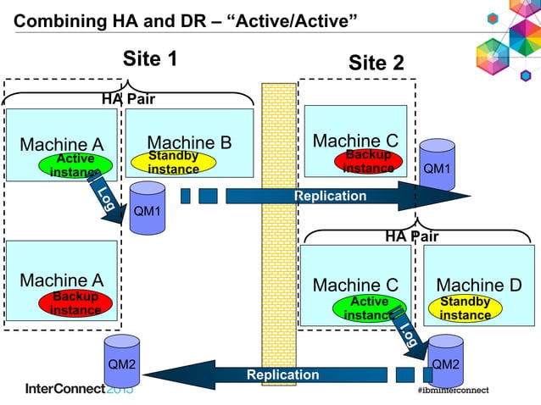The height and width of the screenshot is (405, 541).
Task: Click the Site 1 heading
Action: (150, 58)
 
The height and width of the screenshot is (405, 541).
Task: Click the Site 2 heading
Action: (376, 63)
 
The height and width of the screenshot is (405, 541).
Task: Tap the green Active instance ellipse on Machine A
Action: (75, 165)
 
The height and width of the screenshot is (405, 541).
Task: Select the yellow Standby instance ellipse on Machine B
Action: (173, 163)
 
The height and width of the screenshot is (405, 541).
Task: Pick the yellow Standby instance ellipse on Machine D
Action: (465, 308)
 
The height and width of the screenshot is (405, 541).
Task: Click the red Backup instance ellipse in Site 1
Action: (75, 303)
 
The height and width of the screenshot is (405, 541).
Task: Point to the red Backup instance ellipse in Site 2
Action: (369, 161)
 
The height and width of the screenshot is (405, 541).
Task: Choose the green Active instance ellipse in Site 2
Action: (369, 308)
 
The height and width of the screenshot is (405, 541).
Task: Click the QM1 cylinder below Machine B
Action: (148, 208)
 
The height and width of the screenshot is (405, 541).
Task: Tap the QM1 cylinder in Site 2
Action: (437, 166)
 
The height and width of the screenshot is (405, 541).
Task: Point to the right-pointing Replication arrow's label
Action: (330, 197)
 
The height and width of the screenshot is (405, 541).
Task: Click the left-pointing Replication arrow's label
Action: (282, 374)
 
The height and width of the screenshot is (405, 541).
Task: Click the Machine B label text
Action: (189, 142)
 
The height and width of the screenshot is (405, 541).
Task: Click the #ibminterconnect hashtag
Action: (464, 391)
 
